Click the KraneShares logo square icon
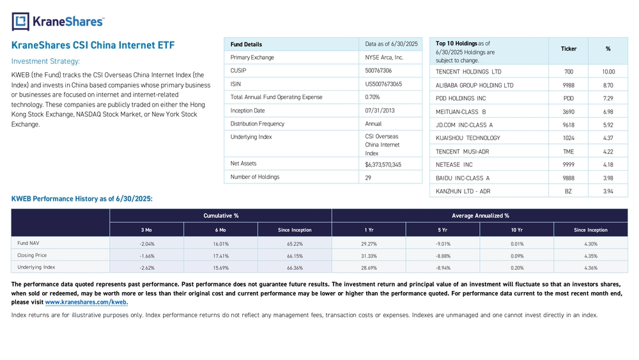[20, 22]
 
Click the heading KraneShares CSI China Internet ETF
[93, 45]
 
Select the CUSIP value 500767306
[378, 70]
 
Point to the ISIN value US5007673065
[383, 84]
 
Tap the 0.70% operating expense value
[373, 97]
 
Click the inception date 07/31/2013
[380, 111]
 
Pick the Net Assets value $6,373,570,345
[383, 165]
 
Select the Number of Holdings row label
[255, 177]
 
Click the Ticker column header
[569, 49]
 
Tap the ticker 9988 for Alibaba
[569, 85]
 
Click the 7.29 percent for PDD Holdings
[608, 98]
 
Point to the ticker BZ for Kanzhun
[568, 191]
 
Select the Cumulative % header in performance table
[221, 215]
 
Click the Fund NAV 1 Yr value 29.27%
[369, 244]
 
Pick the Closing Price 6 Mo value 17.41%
[220, 256]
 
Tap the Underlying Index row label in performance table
[36, 267]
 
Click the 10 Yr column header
[517, 230]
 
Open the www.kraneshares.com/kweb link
[86, 302]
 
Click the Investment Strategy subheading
[45, 61]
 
